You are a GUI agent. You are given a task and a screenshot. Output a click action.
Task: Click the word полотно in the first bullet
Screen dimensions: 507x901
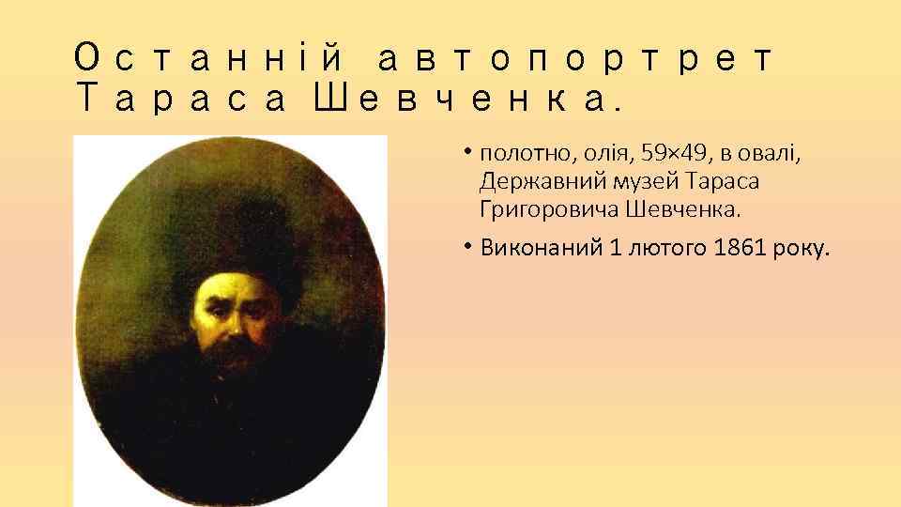(518, 153)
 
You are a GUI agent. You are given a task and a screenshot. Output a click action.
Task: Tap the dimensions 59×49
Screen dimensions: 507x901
(663, 153)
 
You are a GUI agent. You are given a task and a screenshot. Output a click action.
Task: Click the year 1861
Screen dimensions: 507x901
(739, 249)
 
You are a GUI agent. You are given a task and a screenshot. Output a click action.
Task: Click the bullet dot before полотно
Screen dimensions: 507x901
(466, 151)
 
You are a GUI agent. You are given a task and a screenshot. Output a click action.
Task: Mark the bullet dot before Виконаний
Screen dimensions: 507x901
(466, 247)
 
